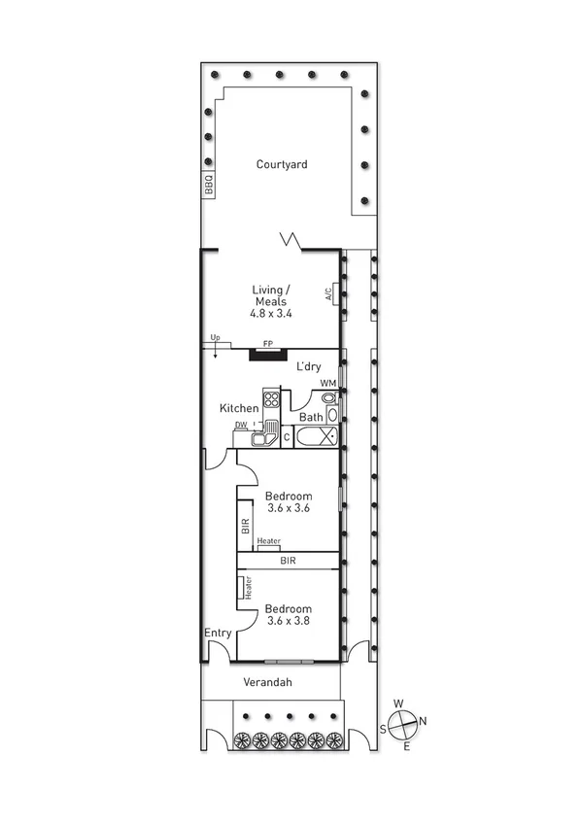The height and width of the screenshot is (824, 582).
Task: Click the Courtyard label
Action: pyautogui.click(x=282, y=164)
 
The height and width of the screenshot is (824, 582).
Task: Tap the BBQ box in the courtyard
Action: pyautogui.click(x=208, y=185)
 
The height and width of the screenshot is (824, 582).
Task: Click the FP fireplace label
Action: pyautogui.click(x=269, y=344)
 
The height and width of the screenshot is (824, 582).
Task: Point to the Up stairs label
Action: pyautogui.click(x=215, y=339)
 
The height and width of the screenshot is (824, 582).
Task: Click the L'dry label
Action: pyautogui.click(x=309, y=366)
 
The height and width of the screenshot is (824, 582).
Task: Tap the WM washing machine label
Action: pyautogui.click(x=328, y=384)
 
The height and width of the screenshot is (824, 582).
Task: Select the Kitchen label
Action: pyautogui.click(x=239, y=408)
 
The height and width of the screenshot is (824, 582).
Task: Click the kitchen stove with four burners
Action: pyautogui.click(x=271, y=398)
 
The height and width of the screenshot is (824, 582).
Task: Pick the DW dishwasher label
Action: pyautogui.click(x=240, y=426)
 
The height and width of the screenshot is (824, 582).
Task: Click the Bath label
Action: pyautogui.click(x=311, y=418)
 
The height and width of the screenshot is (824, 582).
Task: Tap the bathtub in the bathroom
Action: pyautogui.click(x=316, y=437)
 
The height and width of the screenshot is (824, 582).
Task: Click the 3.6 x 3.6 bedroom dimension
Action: pyautogui.click(x=288, y=508)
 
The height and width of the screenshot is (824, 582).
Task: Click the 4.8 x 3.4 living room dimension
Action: pyautogui.click(x=271, y=314)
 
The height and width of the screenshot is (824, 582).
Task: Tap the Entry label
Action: pyautogui.click(x=218, y=633)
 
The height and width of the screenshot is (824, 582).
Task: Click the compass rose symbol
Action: pyautogui.click(x=405, y=722)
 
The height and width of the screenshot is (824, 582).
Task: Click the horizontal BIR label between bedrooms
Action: pyautogui.click(x=289, y=561)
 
